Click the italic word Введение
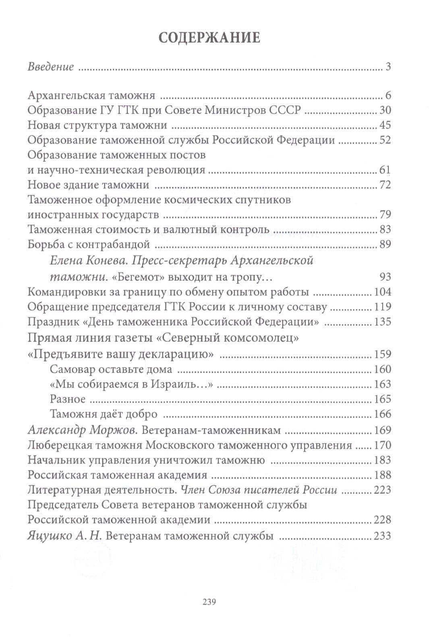pos(51,67)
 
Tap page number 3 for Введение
pos(388,67)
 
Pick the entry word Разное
pos(68,399)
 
